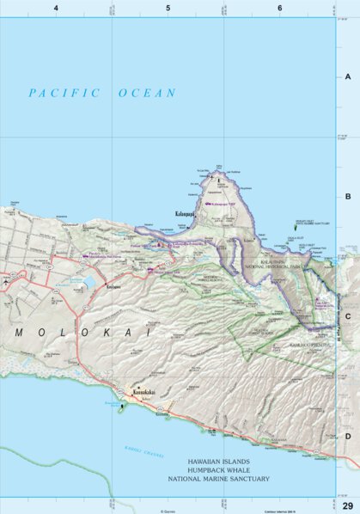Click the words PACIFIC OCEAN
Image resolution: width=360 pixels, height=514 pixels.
(x=101, y=93)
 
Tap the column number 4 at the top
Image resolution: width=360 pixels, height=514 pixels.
(x=56, y=8)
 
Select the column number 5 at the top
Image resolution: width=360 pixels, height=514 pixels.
(x=168, y=8)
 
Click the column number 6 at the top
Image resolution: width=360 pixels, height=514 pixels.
(x=280, y=8)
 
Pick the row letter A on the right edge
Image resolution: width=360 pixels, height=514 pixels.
(x=348, y=76)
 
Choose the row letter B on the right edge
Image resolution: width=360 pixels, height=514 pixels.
(x=348, y=196)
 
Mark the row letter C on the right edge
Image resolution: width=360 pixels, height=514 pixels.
(x=348, y=315)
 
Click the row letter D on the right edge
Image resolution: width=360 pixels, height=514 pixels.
(x=348, y=436)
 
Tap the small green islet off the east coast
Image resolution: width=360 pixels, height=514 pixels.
(x=297, y=228)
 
